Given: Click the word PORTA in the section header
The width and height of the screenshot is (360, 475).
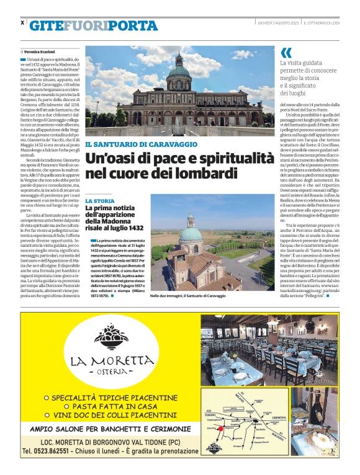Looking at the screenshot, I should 136,25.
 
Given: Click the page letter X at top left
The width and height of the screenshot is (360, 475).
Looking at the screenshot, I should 22,22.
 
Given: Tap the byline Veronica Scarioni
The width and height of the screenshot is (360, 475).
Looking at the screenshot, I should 41,51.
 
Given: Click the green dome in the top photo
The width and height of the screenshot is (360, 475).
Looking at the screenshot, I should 179,71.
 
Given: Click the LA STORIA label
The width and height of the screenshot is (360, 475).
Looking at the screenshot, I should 99,202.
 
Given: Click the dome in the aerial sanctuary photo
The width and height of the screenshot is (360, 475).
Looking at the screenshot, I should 191,233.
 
